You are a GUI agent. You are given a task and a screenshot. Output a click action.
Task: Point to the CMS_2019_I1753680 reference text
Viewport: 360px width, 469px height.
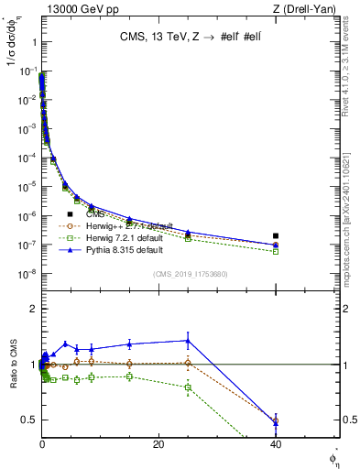pyautogui.click(x=190, y=273)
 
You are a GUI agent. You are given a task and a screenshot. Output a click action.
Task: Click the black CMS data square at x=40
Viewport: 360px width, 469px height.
pyautogui.click(x=276, y=235)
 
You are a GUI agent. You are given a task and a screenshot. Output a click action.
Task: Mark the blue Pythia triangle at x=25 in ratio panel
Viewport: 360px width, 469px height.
pyautogui.click(x=188, y=340)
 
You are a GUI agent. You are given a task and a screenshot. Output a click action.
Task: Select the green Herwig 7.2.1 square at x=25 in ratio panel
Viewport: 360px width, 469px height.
pyautogui.click(x=188, y=387)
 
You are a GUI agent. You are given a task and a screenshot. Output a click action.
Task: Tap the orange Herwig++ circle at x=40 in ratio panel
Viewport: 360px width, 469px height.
pyautogui.click(x=276, y=420)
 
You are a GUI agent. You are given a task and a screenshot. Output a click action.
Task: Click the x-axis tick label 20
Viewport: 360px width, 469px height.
pyautogui.click(x=158, y=444)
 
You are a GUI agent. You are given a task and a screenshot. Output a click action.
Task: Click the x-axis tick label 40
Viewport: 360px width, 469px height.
pyautogui.click(x=276, y=444)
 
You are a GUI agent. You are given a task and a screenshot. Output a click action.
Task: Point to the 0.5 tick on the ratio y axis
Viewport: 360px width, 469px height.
pyautogui.click(x=31, y=420)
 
